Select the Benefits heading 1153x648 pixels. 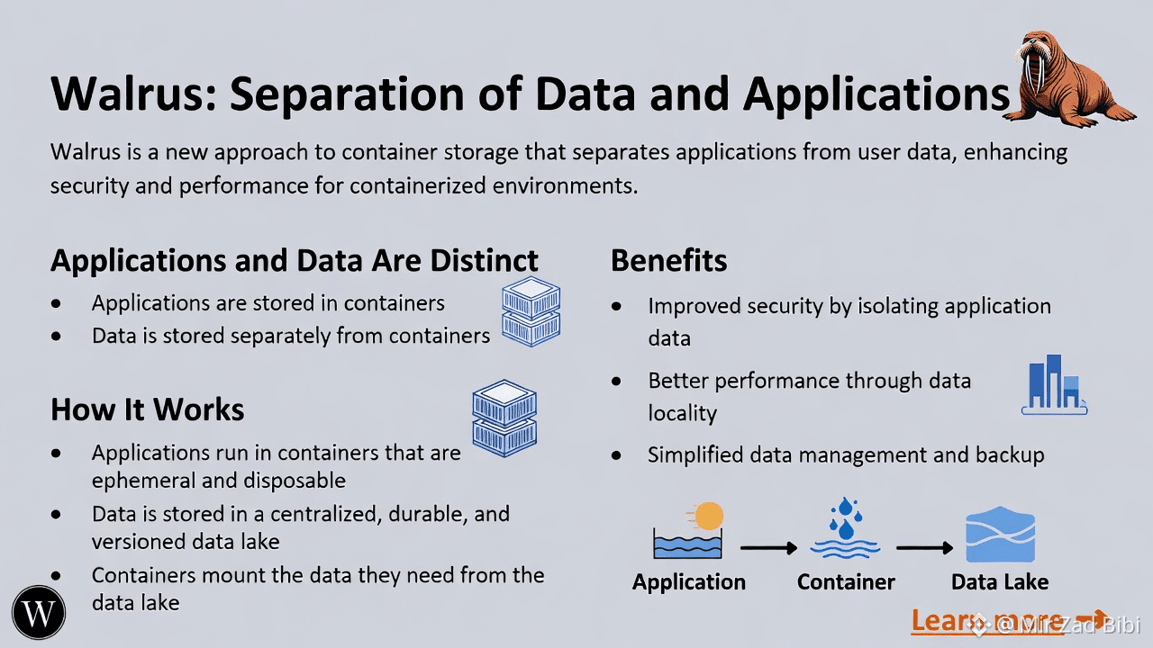[x=668, y=261]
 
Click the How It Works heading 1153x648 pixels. [x=148, y=409]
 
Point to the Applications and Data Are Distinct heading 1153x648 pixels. [x=295, y=261]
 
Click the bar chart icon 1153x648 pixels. [x=1053, y=384]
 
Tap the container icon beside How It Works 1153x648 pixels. [x=504, y=417]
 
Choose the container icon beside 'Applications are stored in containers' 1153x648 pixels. [x=531, y=311]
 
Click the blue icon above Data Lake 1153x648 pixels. [x=1000, y=536]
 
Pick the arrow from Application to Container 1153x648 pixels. [x=768, y=547]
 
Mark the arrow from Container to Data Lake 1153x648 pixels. [x=924, y=547]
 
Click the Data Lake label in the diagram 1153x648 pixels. [x=1000, y=582]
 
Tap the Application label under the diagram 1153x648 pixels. [x=689, y=582]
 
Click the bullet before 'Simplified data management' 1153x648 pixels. [x=616, y=455]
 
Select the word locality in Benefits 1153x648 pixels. [x=682, y=414]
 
